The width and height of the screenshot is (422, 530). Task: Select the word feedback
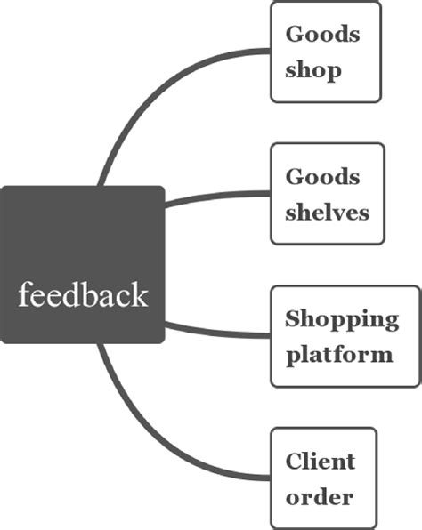pos(83,294)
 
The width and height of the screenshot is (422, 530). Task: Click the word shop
pos(312,70)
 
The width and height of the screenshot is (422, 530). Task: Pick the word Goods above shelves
pos(322,176)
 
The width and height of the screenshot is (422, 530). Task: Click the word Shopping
pos(341,319)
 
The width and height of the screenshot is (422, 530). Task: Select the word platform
pos(338,354)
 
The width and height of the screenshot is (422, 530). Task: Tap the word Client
pos(321,461)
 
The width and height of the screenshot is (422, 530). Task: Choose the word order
pos(319,496)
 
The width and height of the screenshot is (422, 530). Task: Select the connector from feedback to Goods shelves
pos(218,195)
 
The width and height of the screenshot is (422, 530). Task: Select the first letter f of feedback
pos(24,293)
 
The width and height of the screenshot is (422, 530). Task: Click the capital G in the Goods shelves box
pos(295,176)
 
